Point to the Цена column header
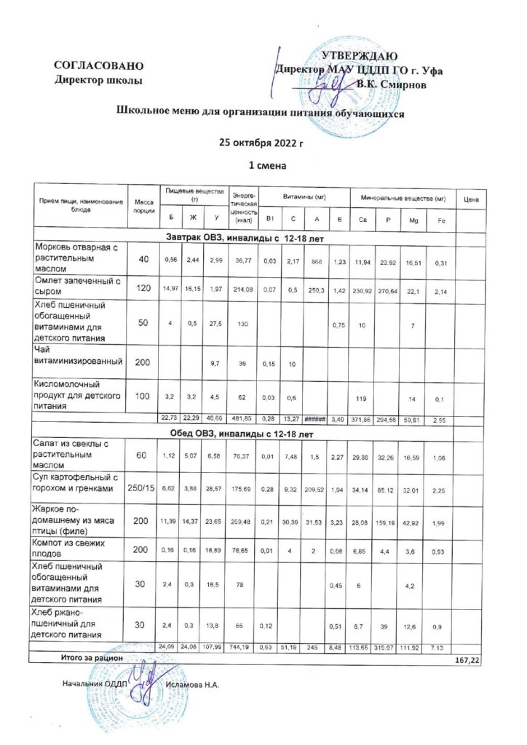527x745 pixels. click(470, 200)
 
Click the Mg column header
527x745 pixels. click(413, 220)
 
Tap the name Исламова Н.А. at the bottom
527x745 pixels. click(192, 685)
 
